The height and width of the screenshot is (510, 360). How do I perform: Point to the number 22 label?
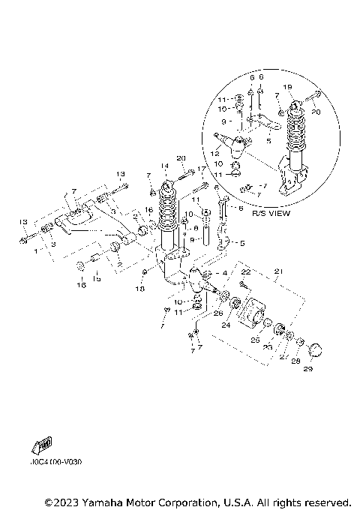[x=244, y=271]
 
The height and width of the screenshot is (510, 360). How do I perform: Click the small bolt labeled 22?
[x=244, y=285]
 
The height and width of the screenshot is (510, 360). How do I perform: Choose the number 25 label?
[x=255, y=340]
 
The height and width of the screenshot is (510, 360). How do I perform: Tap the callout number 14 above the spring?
[x=164, y=166]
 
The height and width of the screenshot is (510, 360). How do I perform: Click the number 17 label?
[x=201, y=169]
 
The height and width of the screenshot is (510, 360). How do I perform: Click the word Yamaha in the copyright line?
[x=107, y=501]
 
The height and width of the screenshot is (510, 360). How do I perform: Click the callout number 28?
[x=295, y=361]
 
